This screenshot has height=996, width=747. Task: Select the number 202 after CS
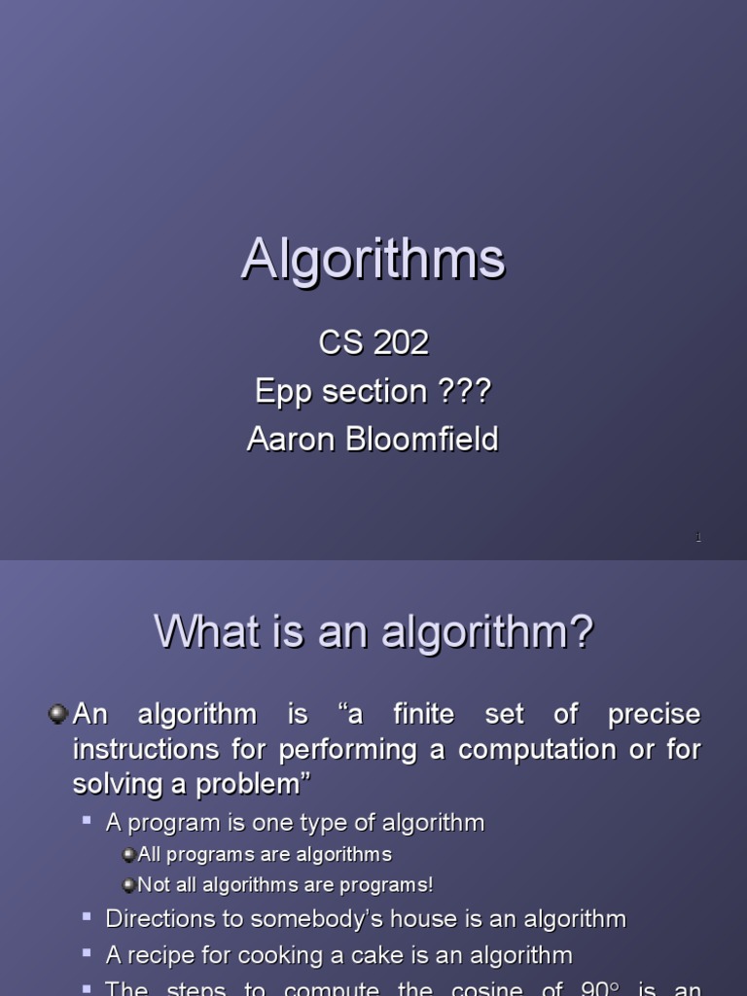tap(400, 342)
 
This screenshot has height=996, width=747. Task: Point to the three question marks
tap(465, 392)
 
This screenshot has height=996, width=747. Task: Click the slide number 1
tap(697, 538)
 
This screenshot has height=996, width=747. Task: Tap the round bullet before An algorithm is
tap(57, 715)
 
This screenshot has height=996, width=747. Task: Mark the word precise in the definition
tap(654, 715)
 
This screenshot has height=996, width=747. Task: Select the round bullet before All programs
tap(128, 855)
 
